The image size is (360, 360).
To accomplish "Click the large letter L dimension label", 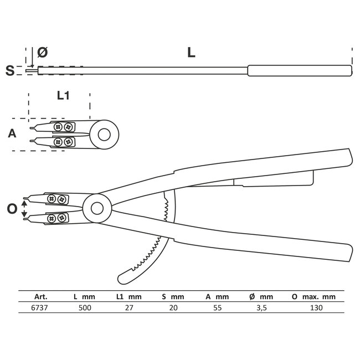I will (x=191, y=53).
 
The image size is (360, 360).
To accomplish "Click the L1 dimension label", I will (x=63, y=96).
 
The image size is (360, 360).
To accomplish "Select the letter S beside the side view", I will (x=9, y=70).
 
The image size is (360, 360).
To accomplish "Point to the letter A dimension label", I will (x=12, y=133).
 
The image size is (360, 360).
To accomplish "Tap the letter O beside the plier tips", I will (x=12, y=209).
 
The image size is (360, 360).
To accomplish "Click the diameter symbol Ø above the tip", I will (x=43, y=53).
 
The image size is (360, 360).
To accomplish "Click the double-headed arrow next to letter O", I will (x=24, y=209).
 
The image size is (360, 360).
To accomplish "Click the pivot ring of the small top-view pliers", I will (x=104, y=134).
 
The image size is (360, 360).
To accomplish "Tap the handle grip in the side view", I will (x=300, y=71).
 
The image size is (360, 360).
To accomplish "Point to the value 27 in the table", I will (x=129, y=308).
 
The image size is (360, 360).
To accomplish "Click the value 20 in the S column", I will (x=173, y=308).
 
